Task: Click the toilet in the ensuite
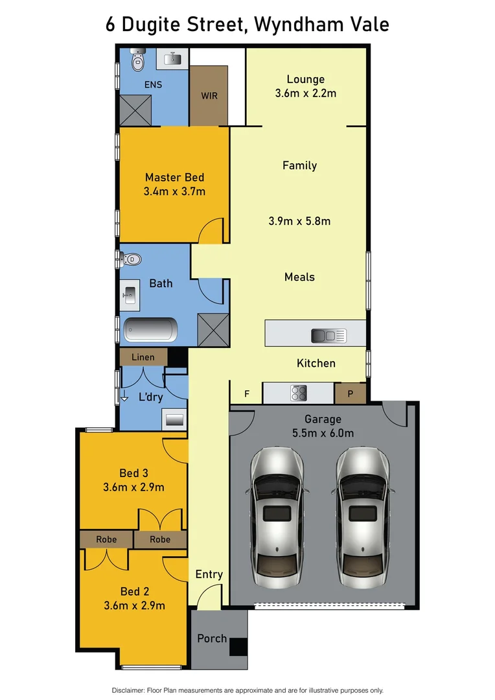point(137,61)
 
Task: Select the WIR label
point(209,96)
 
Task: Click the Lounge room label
point(305,79)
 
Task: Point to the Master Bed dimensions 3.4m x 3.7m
point(174,191)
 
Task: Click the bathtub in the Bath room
point(150,329)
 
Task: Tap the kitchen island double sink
point(328,336)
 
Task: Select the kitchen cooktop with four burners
point(299,393)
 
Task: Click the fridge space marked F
point(246,393)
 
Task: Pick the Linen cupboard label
point(143,357)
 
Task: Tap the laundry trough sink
point(174,419)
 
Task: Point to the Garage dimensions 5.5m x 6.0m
point(323,434)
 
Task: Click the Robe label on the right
point(160,539)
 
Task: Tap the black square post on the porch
point(238,647)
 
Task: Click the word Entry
point(209,574)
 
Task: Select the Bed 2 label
point(135,591)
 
